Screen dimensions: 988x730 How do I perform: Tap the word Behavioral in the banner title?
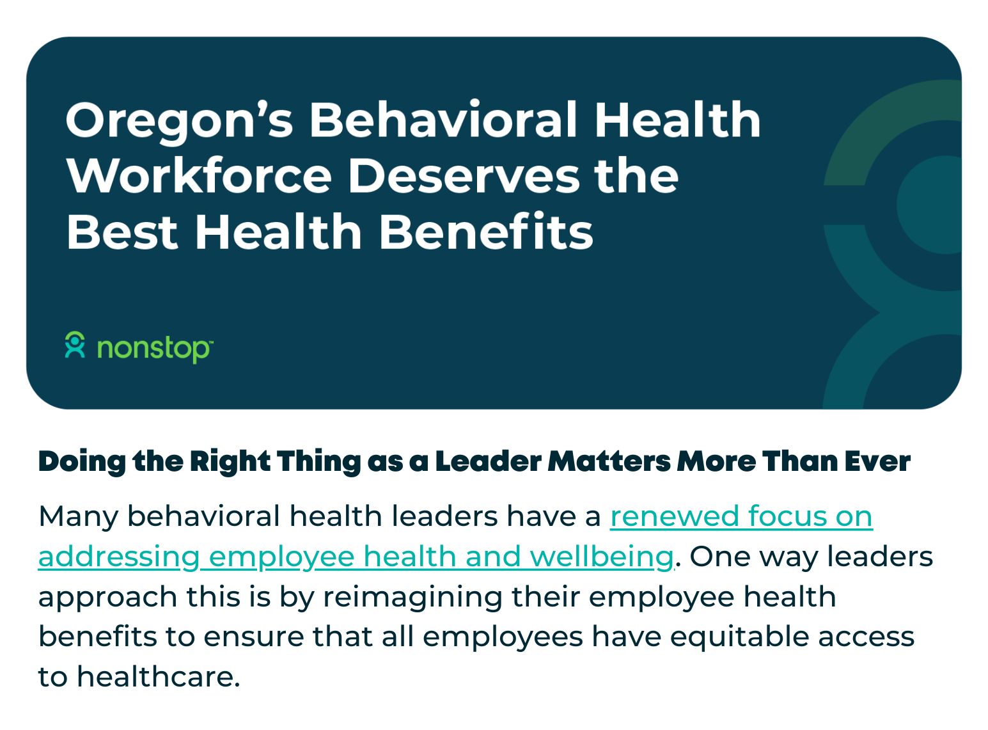(443, 119)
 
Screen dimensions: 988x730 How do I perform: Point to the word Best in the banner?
(122, 232)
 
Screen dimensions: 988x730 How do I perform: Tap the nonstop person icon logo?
(75, 344)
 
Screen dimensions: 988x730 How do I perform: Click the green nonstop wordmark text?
(155, 349)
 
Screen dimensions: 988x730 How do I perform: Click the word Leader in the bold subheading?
(488, 461)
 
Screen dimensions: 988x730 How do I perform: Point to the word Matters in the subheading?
(609, 461)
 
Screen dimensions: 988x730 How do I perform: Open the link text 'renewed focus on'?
(741, 517)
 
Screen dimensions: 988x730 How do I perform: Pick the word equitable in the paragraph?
(739, 638)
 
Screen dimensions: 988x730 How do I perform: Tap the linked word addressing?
(119, 558)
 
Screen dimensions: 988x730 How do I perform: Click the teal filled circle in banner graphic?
(929, 205)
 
